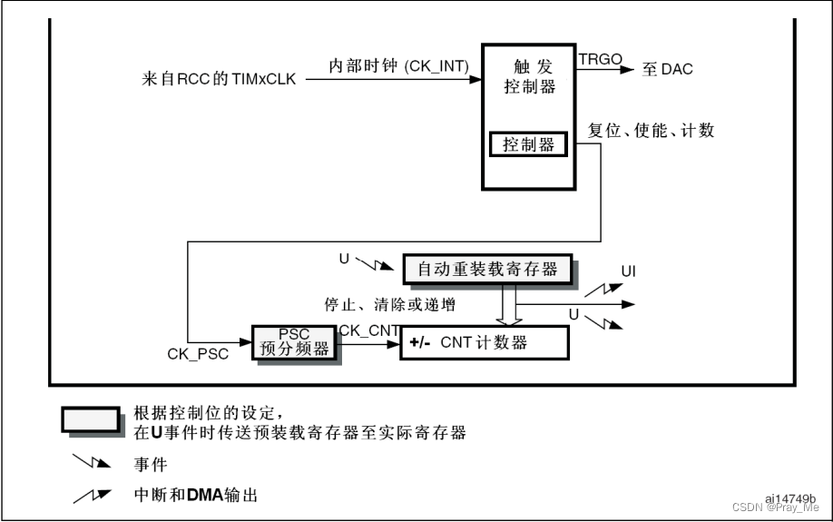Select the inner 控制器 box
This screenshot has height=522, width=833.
528,144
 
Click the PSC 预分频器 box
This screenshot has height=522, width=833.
295,342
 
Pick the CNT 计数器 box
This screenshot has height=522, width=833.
484,343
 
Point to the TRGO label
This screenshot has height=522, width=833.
600,59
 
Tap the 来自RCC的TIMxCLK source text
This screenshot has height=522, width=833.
220,80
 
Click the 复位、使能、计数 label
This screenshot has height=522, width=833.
651,131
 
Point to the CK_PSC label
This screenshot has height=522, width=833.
198,352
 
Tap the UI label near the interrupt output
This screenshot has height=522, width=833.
629,272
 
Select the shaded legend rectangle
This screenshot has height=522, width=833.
91,419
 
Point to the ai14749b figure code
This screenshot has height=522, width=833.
790,498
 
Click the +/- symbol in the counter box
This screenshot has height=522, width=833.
419,343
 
